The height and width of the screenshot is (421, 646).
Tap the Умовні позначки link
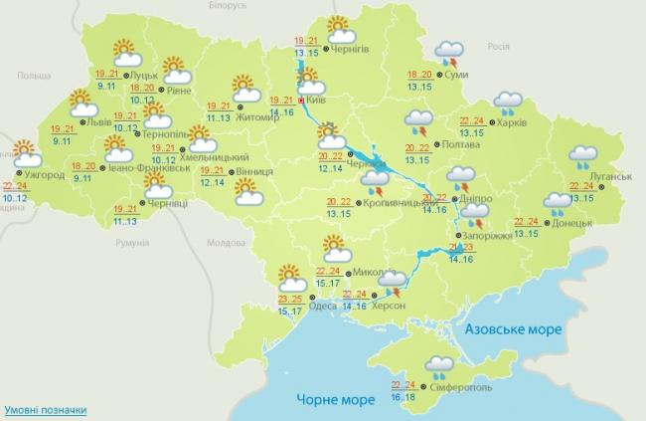pyautogui.click(x=44, y=409)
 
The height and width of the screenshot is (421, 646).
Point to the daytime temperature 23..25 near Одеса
pyautogui.click(x=290, y=299)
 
